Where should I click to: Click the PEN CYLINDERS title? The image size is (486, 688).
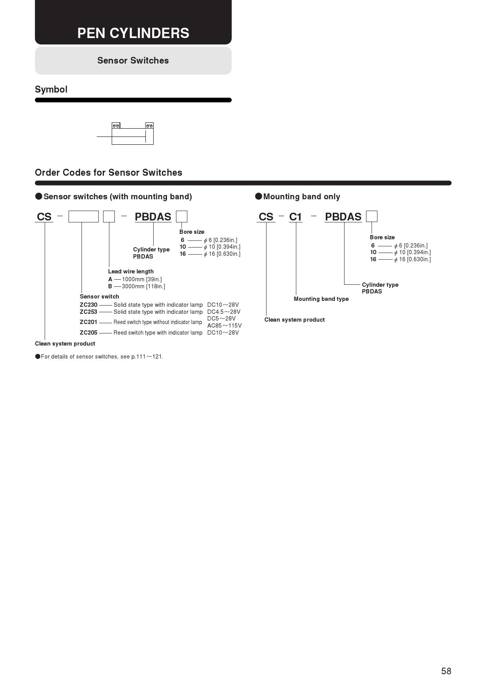pos(133,33)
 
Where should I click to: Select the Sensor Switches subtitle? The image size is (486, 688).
pos(133,60)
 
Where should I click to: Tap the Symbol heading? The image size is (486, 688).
pos(51,89)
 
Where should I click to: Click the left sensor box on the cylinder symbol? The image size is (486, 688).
pos(116,126)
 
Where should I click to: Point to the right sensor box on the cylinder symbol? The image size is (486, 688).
pos(149,126)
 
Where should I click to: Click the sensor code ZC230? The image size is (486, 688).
pos(89,305)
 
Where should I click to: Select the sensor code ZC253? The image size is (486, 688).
pos(89,312)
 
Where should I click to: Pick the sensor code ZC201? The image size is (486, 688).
pos(89,322)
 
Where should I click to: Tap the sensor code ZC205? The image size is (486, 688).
pos(89,333)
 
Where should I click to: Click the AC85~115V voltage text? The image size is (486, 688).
pos(224,326)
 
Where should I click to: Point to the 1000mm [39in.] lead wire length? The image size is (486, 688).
pos(142,279)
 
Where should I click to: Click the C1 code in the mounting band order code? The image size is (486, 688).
pos(296,217)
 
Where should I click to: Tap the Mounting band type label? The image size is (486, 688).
pos(321,299)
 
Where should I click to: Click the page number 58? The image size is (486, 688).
pos(446,671)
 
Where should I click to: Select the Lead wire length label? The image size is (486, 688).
pos(131,271)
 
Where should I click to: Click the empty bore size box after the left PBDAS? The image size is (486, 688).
pos(181,217)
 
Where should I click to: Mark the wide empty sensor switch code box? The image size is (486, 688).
pos(83,217)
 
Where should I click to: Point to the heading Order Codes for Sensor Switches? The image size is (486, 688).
pos(109,173)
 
